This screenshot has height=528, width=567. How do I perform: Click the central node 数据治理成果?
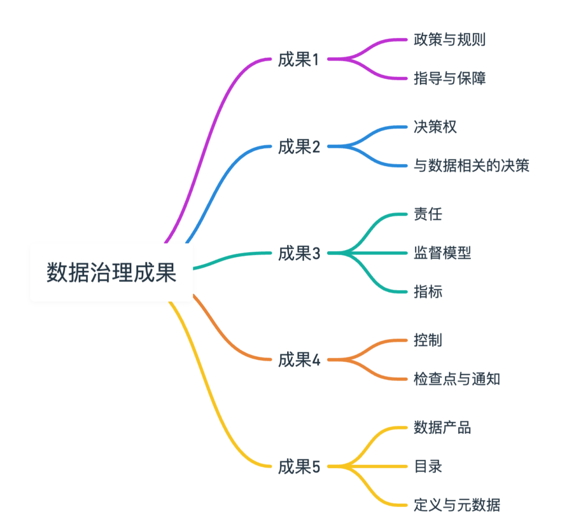(x=111, y=272)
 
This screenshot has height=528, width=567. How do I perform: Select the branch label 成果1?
(x=299, y=60)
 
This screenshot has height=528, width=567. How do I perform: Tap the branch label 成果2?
(x=299, y=147)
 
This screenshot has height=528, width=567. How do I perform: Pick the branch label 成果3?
(x=299, y=254)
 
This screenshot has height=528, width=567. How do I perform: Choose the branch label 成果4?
(x=299, y=360)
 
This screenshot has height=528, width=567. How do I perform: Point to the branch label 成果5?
(x=299, y=467)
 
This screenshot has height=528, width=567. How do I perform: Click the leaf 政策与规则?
(x=449, y=40)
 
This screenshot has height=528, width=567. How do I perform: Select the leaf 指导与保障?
(x=449, y=79)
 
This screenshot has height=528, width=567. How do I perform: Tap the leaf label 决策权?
(x=435, y=127)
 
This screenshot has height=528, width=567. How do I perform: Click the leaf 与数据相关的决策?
(x=471, y=166)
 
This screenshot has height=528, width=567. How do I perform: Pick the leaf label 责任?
(x=427, y=214)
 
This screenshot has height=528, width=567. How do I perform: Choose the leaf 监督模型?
(x=442, y=253)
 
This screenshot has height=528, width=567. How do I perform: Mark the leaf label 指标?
(x=427, y=292)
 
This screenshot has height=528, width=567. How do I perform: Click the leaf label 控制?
(x=427, y=340)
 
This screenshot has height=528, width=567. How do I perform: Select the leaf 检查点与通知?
(x=456, y=379)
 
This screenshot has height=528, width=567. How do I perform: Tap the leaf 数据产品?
(x=442, y=427)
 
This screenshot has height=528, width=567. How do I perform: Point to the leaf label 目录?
(x=427, y=466)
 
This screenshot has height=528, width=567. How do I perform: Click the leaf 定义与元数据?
(x=456, y=505)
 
